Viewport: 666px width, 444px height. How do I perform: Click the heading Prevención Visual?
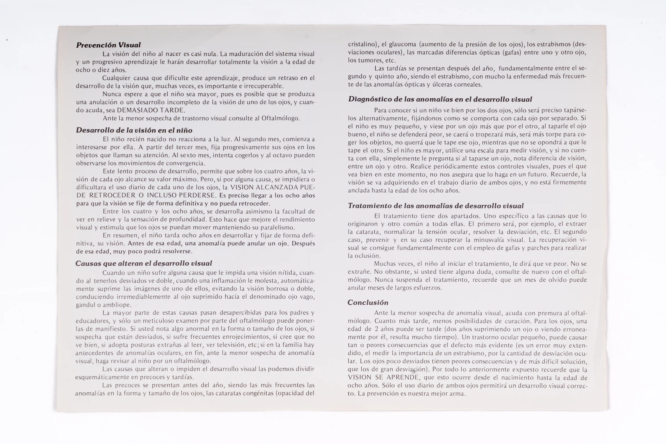tap(108, 45)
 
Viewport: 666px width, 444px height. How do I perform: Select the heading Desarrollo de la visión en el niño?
tap(134, 130)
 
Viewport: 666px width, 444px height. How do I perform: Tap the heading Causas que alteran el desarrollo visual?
tap(144, 263)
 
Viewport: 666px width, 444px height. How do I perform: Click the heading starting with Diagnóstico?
tap(440, 99)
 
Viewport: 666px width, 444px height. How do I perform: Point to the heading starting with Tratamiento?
tap(436, 206)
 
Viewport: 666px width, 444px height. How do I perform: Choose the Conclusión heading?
tap(368, 303)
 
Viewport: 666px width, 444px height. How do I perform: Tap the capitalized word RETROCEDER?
tap(112, 195)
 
